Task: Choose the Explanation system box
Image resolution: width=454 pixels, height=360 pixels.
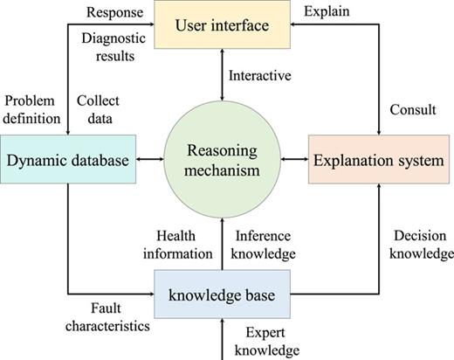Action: [377, 159]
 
